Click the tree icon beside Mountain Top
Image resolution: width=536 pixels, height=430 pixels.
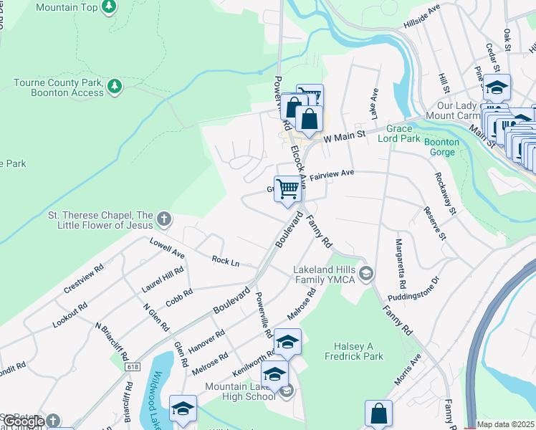pyautogui.click(x=109, y=7)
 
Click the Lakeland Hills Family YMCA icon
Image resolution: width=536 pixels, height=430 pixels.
pyautogui.click(x=366, y=274)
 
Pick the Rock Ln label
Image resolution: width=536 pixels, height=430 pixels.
pyautogui.click(x=225, y=261)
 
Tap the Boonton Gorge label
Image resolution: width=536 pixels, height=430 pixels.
pyautogui.click(x=441, y=147)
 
